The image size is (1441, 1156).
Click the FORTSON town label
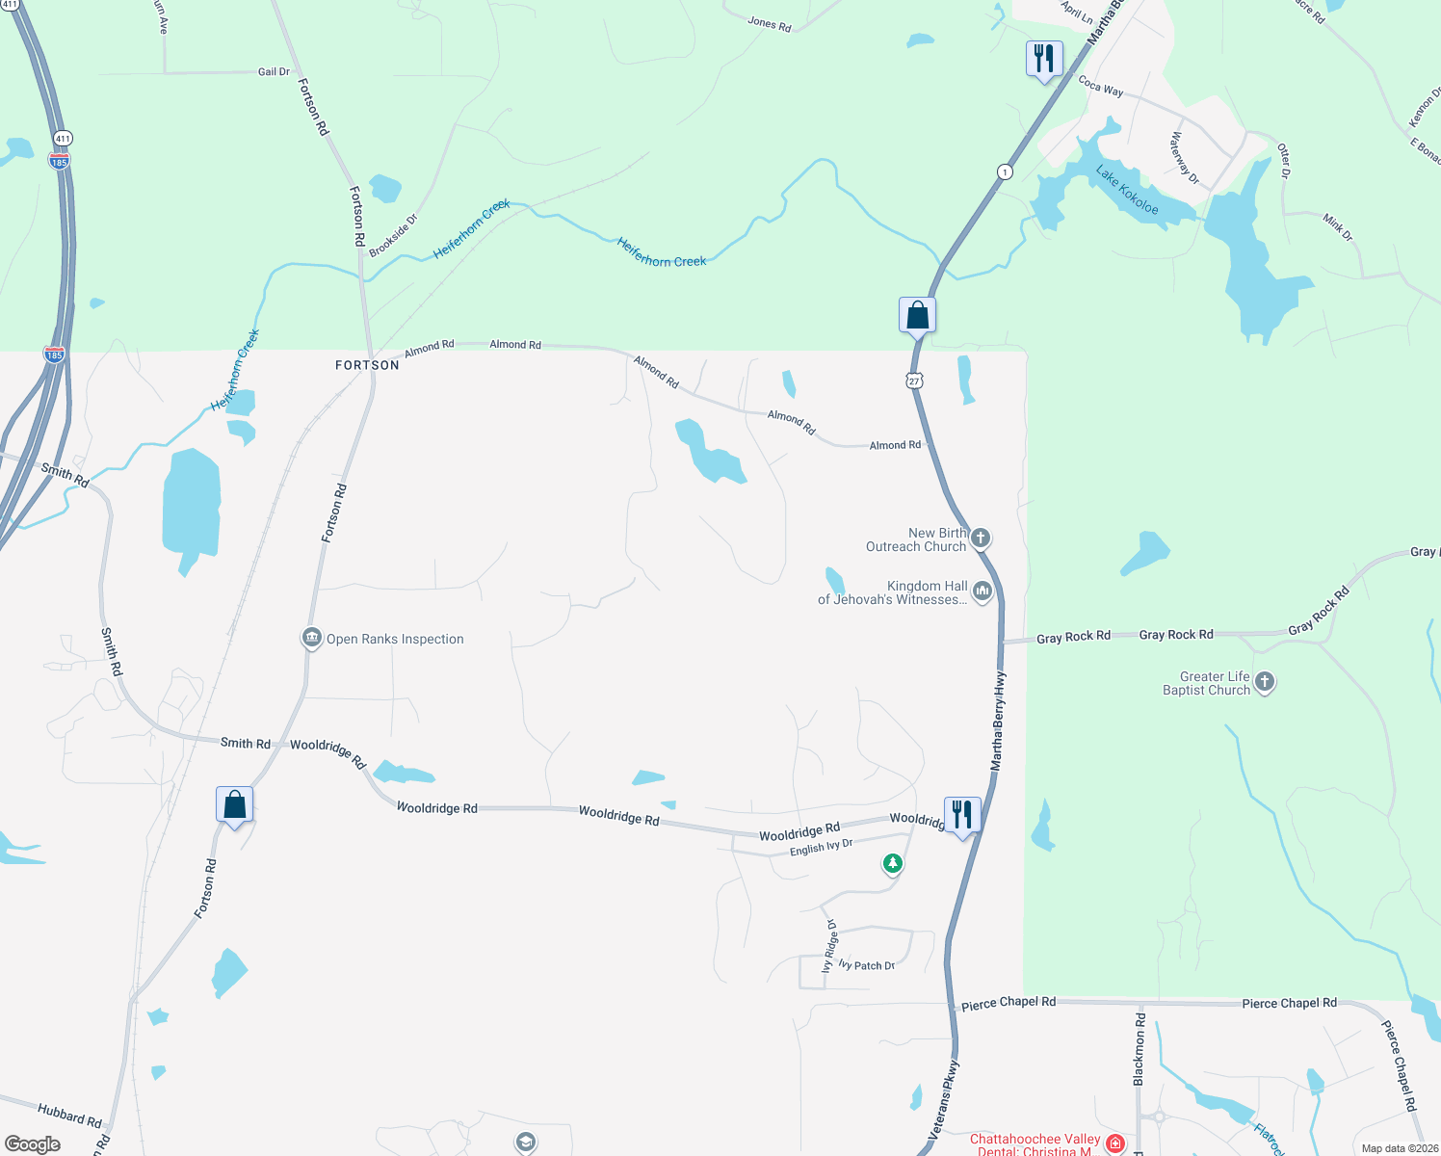367,366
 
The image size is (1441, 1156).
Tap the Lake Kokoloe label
1127,190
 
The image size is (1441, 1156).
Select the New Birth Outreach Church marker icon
981,539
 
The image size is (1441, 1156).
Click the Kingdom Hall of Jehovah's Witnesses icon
982,591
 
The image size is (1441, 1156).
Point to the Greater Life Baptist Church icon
1265,683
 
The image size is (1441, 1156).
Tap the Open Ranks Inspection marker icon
311,639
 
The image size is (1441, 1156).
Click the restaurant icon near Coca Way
1044,60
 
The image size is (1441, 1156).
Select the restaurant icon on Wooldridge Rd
962,815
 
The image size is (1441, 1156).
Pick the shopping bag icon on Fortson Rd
234,804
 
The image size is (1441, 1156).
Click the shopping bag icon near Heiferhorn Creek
917,315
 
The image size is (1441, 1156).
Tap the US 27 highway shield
914,381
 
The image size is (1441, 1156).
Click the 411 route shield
63,139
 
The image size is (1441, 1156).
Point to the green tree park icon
893,863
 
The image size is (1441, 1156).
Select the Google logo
33,1144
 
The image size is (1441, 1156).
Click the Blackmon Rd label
1140,1049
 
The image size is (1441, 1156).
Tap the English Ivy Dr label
821,848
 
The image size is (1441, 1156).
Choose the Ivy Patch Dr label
867,965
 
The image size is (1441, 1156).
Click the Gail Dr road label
274,72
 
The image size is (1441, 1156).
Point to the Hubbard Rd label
69,1116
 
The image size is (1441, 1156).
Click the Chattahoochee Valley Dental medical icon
1115,1143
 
